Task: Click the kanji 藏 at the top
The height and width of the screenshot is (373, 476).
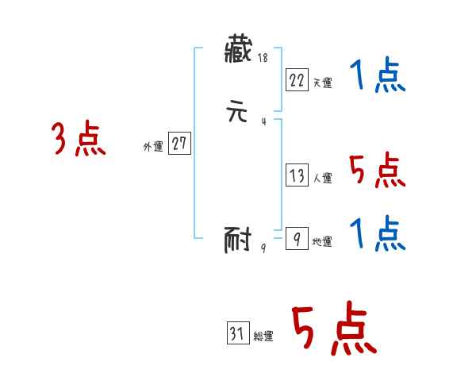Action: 240,53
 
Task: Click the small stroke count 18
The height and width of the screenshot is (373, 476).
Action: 263,59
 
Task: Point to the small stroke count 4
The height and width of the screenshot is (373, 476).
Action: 263,121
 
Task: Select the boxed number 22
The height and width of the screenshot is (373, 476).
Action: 297,79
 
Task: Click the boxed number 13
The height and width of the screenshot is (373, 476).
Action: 297,175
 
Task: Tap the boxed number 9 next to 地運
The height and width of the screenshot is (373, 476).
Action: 296,238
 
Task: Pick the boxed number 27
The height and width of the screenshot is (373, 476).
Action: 179,143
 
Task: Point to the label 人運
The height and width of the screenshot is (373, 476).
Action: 322,179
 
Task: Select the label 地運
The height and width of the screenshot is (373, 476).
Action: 322,241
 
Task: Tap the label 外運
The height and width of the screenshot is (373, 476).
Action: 153,146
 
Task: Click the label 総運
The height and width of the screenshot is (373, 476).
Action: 263,336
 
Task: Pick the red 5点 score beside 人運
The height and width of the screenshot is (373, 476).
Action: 377,171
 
